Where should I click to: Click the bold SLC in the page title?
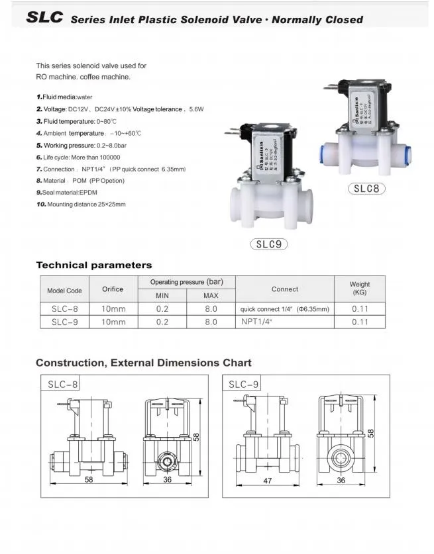(x=44, y=18)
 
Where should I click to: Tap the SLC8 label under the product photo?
(x=366, y=188)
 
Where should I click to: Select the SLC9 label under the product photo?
(x=268, y=244)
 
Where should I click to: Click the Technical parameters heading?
(x=93, y=265)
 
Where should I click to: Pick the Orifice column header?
(x=113, y=289)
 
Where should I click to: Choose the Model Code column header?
(x=64, y=291)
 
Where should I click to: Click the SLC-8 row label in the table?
(x=64, y=308)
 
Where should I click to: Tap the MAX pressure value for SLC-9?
(x=211, y=322)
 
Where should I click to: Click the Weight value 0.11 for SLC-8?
(x=360, y=308)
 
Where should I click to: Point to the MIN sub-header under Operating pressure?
(x=162, y=295)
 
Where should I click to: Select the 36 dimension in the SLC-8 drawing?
(x=167, y=479)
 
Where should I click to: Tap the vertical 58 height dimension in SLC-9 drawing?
(x=371, y=432)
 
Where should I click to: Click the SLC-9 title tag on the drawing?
(x=244, y=384)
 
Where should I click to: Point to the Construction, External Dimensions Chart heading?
(x=143, y=363)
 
